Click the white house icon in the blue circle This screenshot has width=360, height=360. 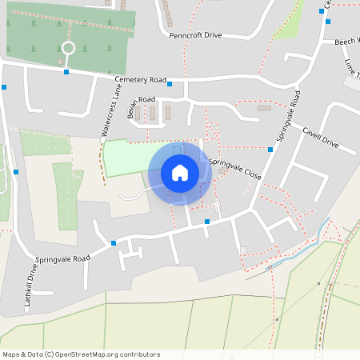179,173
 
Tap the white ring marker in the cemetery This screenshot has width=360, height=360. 68,48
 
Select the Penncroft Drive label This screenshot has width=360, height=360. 195,36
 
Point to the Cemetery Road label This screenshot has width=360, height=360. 140,80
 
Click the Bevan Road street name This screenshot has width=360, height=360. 140,104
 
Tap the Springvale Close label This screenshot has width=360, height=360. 235,169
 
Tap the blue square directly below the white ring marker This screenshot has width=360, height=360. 66,72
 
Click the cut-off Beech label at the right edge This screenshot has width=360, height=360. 347,40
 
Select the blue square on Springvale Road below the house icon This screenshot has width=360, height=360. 207,221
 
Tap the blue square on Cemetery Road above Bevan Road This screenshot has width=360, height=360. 170,83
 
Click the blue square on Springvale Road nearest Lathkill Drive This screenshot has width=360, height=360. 114,242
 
